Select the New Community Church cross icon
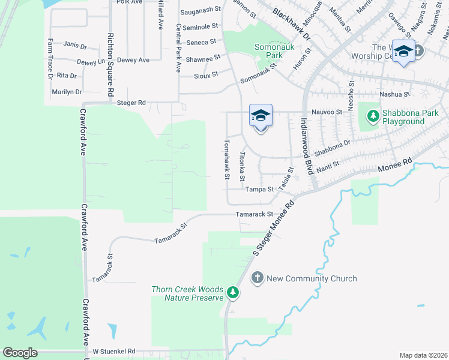(257, 278)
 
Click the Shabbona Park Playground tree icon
(373, 114)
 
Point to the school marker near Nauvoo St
(261, 115)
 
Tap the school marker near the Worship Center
(403, 50)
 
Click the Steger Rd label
(131, 103)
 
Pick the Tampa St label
(259, 189)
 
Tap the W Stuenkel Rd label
(113, 351)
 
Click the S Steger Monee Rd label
(274, 229)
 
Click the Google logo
(20, 353)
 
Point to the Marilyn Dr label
(66, 92)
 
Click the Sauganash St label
(200, 12)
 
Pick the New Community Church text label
(312, 278)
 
